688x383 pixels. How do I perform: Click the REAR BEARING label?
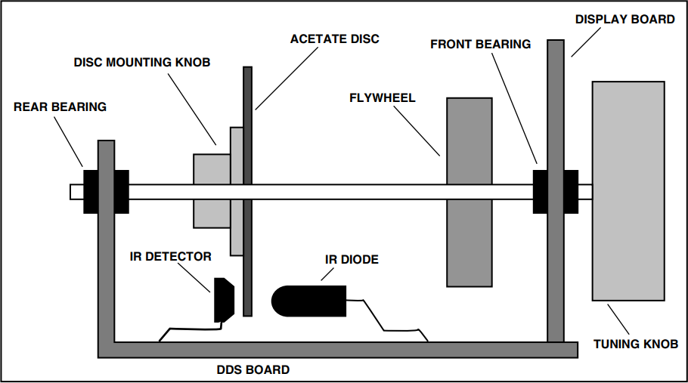pos(60,107)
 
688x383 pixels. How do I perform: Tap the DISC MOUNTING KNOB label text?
pos(141,62)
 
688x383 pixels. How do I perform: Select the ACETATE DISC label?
pos(335,38)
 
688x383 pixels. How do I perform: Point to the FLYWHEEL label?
pos(383,98)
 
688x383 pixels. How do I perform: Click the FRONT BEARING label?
pos(481,44)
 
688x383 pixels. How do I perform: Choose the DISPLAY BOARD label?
pos(625,19)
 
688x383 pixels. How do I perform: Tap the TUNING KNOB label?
pos(636,344)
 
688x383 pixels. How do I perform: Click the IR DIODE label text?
pos(352,259)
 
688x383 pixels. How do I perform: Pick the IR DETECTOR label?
pos(170,256)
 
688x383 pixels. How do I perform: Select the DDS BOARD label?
pos(253,369)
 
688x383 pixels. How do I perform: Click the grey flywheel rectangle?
pos(469,242)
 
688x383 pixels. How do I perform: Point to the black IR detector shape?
pos(224,299)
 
